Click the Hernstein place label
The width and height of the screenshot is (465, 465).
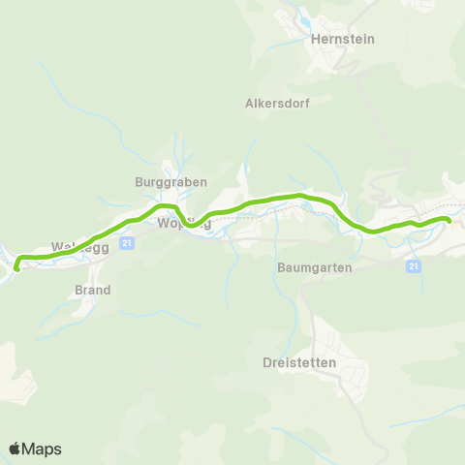pyautogui.click(x=343, y=40)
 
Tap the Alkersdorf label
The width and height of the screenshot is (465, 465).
pyautogui.click(x=277, y=104)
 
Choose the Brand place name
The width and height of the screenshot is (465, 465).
pyautogui.click(x=93, y=290)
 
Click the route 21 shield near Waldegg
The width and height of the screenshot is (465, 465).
pyautogui.click(x=127, y=244)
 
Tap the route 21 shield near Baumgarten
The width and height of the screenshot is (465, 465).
pyautogui.click(x=414, y=265)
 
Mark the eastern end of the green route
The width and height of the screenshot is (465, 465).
pyautogui.click(x=449, y=221)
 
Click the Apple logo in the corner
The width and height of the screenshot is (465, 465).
pyautogui.click(x=15, y=449)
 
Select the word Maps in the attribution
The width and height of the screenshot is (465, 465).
pyautogui.click(x=42, y=449)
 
